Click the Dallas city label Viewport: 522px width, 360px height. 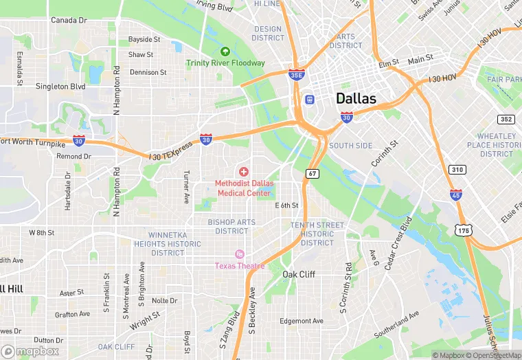point(356,98)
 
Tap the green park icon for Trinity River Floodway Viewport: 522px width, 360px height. point(225,52)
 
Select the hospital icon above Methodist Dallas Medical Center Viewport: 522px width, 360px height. point(243,170)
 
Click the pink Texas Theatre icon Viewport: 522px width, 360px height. point(239,254)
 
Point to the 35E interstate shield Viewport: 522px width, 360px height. point(296,74)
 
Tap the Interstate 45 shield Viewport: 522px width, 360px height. point(456,195)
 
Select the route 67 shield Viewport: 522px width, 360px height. point(313,173)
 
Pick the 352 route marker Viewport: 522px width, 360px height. point(506,119)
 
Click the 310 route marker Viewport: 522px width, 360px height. point(457,169)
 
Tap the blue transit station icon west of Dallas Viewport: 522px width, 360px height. point(310,100)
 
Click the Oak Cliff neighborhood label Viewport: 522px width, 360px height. point(299,274)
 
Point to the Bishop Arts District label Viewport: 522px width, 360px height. point(231,227)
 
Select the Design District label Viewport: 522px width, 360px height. point(268,34)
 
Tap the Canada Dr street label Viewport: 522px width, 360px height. point(69,21)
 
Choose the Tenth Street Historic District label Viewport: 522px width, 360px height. point(317,234)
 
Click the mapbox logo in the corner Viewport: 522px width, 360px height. point(30,351)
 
